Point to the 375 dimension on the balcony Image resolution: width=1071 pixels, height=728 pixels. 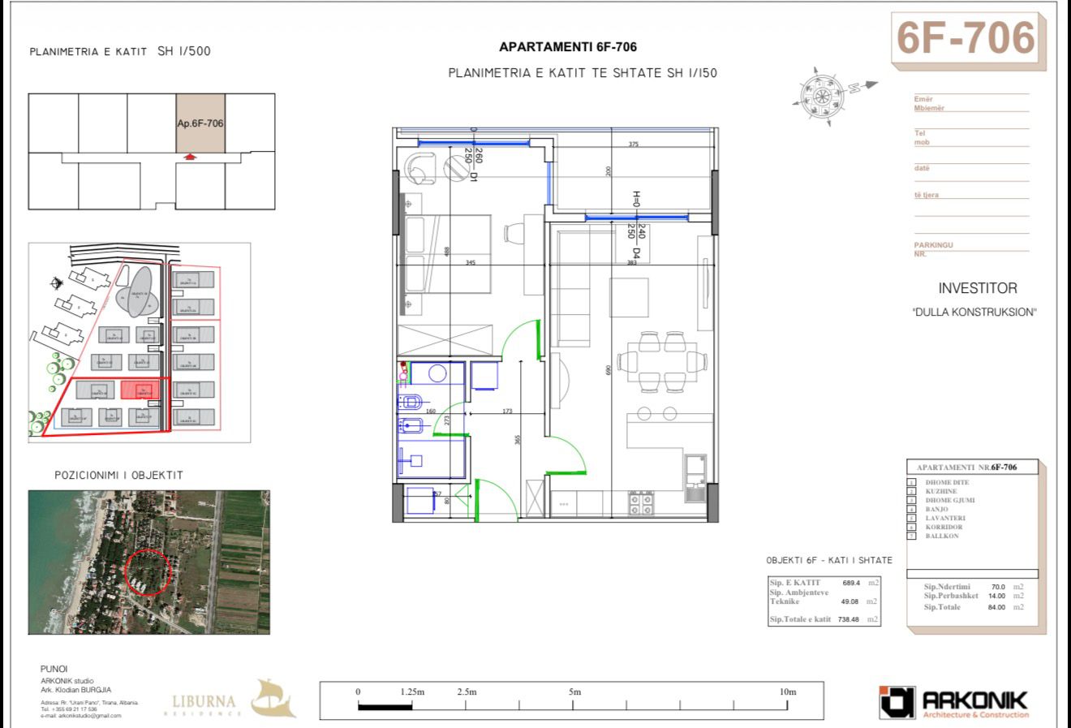point(634,144)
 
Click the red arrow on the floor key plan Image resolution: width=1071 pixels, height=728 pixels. point(190,157)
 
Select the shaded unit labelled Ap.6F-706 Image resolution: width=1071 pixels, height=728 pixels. point(200,123)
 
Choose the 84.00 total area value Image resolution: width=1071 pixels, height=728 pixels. point(996,607)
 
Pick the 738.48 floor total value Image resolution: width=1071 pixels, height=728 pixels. point(849,619)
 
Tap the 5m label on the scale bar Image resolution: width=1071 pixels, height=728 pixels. point(574,692)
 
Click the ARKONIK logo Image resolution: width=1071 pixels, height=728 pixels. point(954,702)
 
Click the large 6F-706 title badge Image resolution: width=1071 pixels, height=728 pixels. point(966,37)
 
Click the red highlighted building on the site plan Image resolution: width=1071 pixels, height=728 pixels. point(139,390)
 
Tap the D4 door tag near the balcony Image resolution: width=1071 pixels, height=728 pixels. point(637,254)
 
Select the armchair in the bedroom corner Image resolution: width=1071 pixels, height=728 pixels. point(419,166)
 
